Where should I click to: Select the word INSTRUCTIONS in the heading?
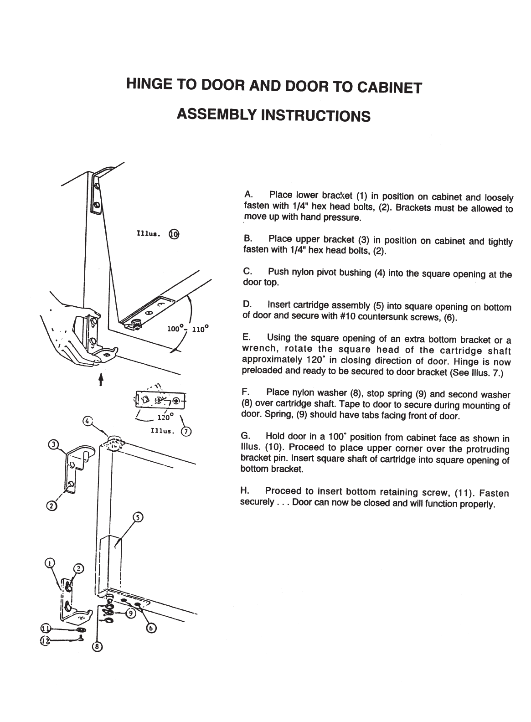314,115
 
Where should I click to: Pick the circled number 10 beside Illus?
174,234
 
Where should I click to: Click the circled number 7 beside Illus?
186,432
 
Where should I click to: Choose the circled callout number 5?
138,517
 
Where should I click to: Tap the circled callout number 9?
131,613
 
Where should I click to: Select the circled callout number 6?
151,629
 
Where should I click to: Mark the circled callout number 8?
97,646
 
